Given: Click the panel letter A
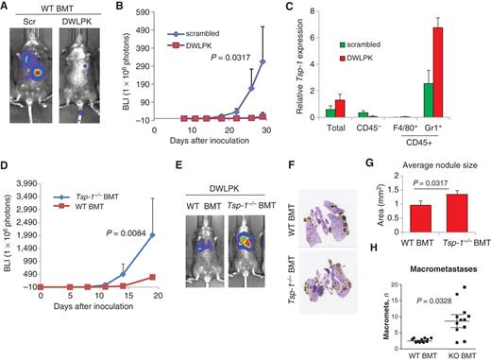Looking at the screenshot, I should click(8, 8).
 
